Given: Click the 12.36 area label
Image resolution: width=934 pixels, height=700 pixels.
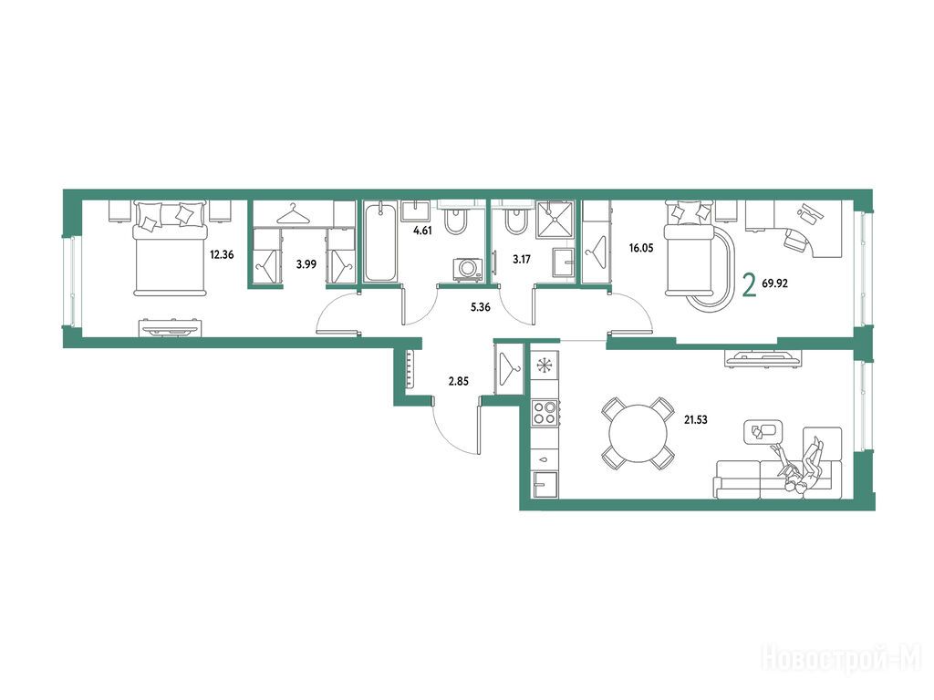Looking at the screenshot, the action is (x=222, y=255).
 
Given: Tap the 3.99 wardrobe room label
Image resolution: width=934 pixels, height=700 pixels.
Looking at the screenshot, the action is (x=306, y=264).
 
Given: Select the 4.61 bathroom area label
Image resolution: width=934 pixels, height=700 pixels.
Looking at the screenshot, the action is (x=422, y=231).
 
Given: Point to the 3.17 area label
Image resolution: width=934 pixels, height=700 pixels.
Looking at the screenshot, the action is (x=521, y=260).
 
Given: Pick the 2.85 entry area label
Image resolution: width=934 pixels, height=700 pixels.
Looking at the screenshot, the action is (x=458, y=382).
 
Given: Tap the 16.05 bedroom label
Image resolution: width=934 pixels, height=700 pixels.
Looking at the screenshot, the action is (x=641, y=248).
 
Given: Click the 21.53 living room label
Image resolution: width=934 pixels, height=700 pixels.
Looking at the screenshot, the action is (x=695, y=419).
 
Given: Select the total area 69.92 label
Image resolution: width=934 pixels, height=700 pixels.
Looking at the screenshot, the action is (x=774, y=284).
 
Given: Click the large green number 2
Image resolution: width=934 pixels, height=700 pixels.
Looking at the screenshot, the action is (x=750, y=284).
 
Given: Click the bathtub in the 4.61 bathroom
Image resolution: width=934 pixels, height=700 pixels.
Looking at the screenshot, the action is (x=380, y=242).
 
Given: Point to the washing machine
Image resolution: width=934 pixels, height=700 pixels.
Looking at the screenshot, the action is (x=468, y=270).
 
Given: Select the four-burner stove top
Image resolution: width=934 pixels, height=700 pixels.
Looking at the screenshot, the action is (x=545, y=413).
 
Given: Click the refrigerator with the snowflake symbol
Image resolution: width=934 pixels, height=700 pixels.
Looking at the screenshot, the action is (x=545, y=365).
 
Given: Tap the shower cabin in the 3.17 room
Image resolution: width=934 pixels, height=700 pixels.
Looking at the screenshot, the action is (x=555, y=220).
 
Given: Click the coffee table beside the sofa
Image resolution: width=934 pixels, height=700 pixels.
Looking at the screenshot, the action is (x=763, y=432).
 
